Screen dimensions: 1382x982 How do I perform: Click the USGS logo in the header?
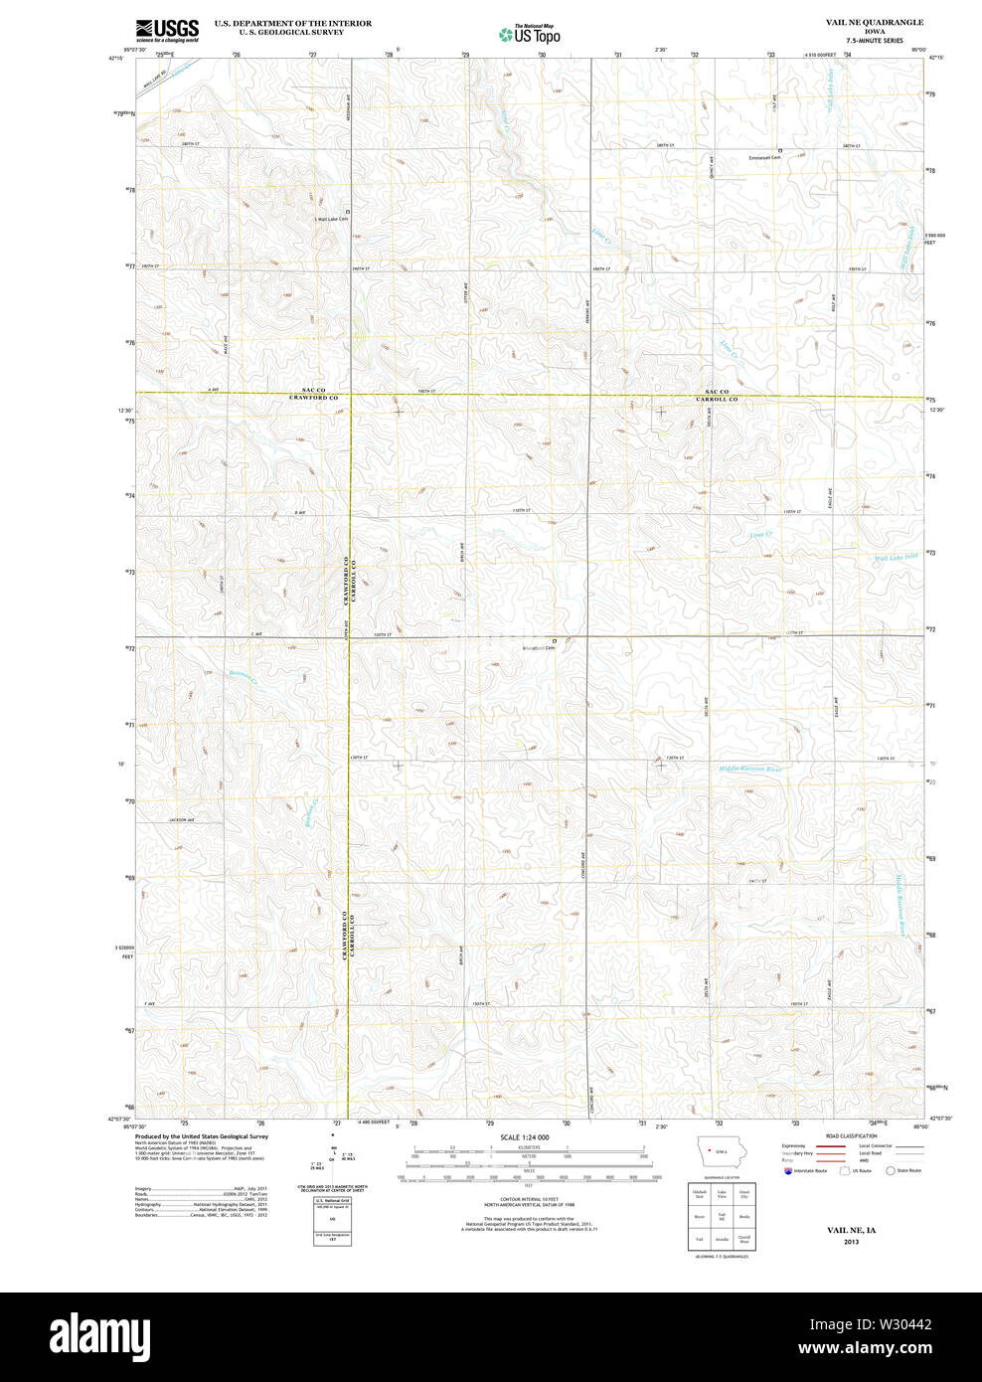tap(167, 29)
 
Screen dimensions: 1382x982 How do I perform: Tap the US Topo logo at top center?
tap(530, 34)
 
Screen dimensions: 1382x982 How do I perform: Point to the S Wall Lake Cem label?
tap(328, 219)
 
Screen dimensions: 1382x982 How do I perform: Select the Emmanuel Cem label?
tap(764, 157)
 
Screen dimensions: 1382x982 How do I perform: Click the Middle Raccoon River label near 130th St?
tap(750, 769)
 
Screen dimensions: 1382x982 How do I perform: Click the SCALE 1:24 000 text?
tap(524, 1136)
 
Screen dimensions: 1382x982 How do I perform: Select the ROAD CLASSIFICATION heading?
tap(852, 1135)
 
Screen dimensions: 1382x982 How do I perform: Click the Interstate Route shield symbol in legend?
tap(787, 1170)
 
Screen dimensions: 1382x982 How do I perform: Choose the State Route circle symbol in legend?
tap(891, 1170)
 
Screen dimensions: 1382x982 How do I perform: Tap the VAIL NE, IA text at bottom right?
tap(852, 1230)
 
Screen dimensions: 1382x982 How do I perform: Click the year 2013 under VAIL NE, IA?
tap(852, 1242)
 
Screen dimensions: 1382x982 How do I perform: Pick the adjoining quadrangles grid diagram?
tap(722, 1216)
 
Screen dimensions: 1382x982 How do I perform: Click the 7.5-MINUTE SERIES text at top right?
tap(875, 41)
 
